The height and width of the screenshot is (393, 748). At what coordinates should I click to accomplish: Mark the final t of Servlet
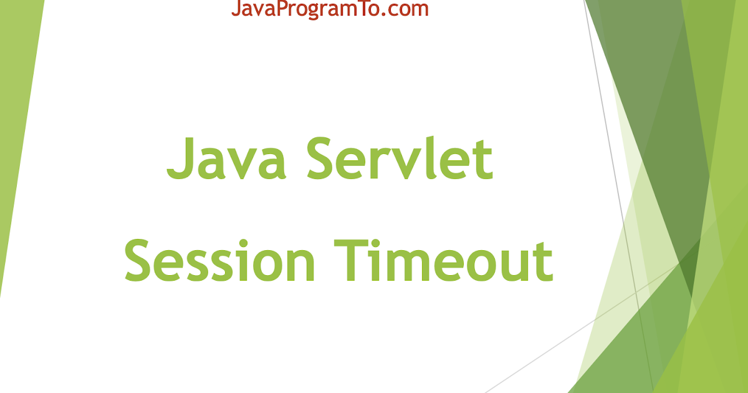coord(484,158)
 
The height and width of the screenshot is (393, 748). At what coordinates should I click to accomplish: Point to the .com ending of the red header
coord(408,9)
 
